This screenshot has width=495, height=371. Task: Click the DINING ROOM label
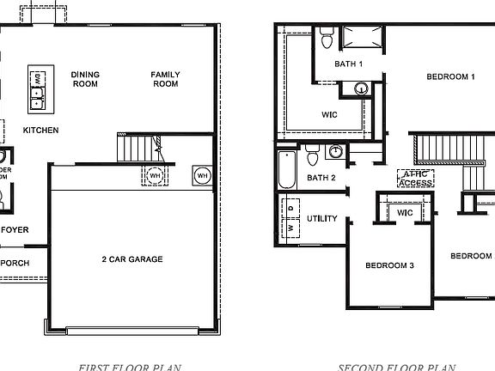tap(85, 80)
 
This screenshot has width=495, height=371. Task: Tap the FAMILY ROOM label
tap(165, 80)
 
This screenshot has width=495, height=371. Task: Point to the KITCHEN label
tap(40, 131)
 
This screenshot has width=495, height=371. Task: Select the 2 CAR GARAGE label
tap(132, 258)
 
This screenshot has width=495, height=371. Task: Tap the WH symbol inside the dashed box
tap(155, 175)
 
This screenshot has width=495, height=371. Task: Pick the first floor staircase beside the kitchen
tap(135, 151)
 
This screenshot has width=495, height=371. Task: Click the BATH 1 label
tap(349, 64)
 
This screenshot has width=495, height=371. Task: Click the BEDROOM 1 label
tap(450, 77)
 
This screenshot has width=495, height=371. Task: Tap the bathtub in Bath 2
tap(287, 169)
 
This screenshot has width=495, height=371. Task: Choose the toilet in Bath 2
tap(313, 157)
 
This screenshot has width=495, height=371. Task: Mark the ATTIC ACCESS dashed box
tap(414, 178)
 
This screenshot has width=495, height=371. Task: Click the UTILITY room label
tap(322, 219)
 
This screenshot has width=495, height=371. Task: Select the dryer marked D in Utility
tap(292, 207)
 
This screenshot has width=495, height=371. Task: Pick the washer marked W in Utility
tap(292, 229)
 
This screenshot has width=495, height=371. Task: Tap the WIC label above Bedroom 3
tap(405, 212)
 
